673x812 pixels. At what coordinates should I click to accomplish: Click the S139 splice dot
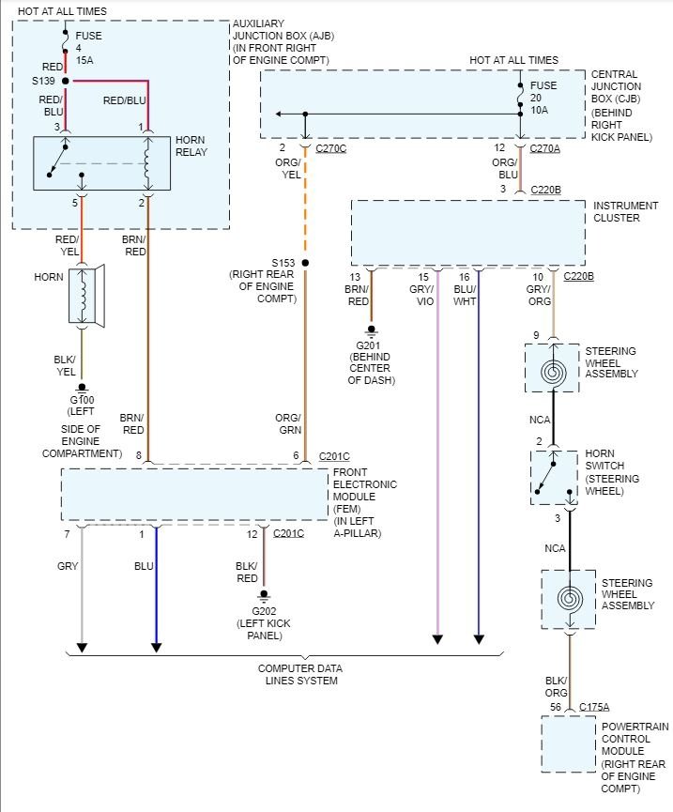click(66, 81)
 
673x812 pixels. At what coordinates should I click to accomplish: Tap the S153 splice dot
click(305, 263)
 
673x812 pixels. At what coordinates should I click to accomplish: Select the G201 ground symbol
click(371, 331)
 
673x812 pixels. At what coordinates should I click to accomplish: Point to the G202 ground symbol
click(264, 596)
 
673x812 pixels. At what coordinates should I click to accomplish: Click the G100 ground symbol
click(82, 389)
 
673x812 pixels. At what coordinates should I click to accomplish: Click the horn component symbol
click(87, 297)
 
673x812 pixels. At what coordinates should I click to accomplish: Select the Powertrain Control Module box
click(569, 744)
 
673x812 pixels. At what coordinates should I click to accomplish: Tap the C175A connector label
click(594, 707)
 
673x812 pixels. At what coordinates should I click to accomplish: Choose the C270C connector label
click(330, 148)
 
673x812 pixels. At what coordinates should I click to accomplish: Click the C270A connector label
click(544, 148)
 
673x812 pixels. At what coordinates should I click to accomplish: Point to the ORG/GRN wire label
click(288, 423)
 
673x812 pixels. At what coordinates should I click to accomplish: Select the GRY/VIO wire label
click(421, 295)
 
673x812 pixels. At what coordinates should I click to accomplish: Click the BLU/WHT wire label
click(465, 295)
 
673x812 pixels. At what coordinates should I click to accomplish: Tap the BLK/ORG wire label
click(557, 686)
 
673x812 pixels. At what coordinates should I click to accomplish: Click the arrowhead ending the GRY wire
click(82, 648)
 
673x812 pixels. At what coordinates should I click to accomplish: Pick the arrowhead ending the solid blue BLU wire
click(157, 648)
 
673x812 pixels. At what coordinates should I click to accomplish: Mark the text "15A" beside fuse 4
click(84, 60)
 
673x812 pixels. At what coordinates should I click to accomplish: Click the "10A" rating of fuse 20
click(539, 110)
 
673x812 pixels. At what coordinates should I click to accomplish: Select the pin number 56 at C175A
click(556, 707)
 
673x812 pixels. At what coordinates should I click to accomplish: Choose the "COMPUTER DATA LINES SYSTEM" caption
click(300, 675)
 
